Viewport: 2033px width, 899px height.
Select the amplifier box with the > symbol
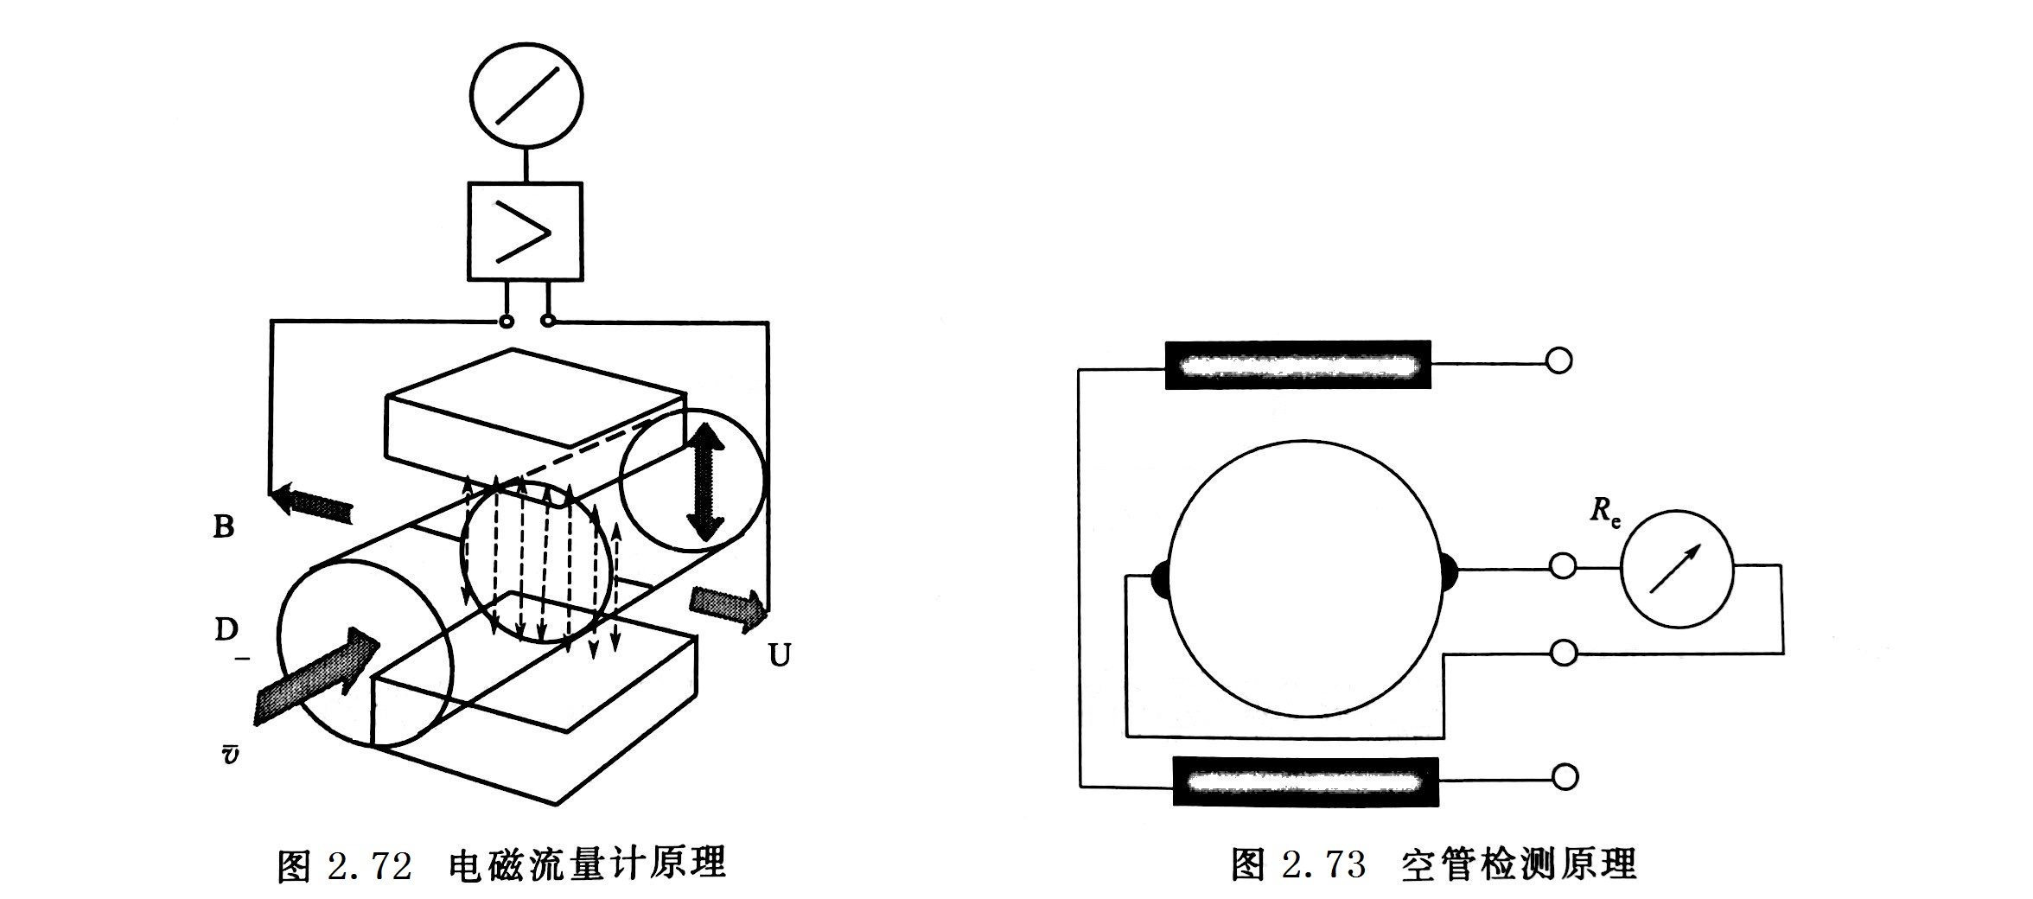coord(525,232)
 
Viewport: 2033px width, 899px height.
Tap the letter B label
coord(224,526)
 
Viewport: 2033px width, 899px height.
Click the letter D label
coord(226,629)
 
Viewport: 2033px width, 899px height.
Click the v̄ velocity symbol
coord(230,754)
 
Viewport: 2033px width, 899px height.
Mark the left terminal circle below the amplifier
coord(507,322)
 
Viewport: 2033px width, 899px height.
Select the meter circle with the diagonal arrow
coord(1676,569)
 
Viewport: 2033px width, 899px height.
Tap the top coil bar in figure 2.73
coord(1298,365)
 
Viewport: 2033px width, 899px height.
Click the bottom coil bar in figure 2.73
coord(1305,781)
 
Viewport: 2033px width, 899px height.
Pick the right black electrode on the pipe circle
coord(1449,571)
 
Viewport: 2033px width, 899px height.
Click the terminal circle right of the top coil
coord(1558,360)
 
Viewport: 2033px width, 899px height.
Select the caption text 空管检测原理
coord(1519,864)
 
